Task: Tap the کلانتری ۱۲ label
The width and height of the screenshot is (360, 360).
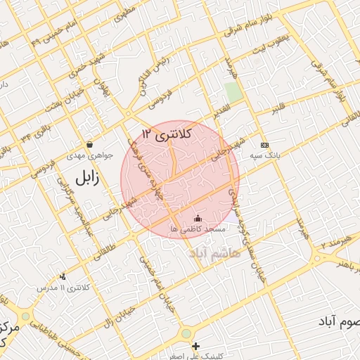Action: (166, 134)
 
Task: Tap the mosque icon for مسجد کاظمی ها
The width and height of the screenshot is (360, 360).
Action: (197, 217)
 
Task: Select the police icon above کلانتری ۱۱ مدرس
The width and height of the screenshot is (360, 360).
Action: (63, 277)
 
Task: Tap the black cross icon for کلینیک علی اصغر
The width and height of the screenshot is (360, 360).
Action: (195, 346)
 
